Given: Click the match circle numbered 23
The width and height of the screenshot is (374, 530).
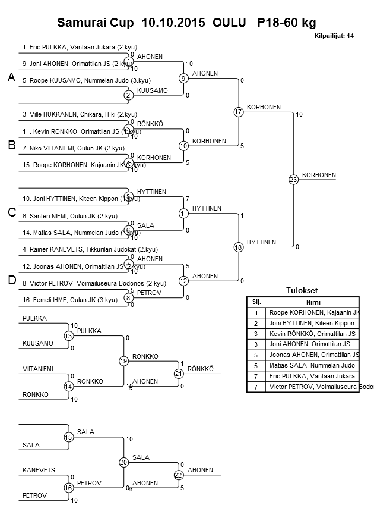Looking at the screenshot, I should [293, 179].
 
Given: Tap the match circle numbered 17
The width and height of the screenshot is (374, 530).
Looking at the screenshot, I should [239, 112].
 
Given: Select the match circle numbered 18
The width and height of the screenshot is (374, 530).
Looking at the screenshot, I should [239, 247].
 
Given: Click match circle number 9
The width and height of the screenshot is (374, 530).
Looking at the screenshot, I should [183, 78].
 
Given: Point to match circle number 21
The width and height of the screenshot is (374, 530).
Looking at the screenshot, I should [178, 374].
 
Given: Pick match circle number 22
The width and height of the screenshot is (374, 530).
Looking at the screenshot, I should [178, 475].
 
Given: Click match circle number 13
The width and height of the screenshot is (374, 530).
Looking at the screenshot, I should [69, 336].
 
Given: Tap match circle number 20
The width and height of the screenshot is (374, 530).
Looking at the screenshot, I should [123, 462].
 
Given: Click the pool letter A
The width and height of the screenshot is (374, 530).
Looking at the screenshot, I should [11, 78].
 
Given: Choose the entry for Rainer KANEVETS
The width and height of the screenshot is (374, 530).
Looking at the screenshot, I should [77, 249].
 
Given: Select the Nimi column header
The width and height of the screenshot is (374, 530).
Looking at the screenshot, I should [312, 302].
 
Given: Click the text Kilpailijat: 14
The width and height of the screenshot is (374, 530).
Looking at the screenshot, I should [334, 36].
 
